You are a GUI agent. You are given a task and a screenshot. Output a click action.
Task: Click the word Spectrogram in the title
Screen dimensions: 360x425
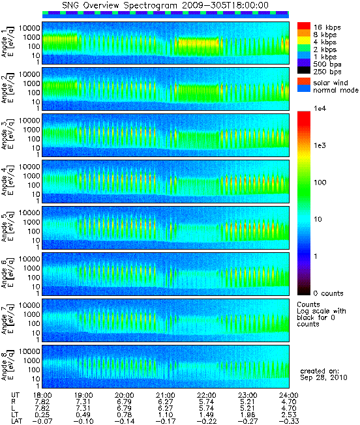tap(151, 5)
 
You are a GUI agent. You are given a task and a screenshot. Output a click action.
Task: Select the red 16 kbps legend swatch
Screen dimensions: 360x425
tap(304, 26)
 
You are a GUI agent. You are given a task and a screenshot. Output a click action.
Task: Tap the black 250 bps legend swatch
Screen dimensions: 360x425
tap(304, 70)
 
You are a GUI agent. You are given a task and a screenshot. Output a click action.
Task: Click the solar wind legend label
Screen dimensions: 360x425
tap(331, 83)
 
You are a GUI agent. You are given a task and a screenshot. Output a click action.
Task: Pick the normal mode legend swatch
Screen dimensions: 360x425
tap(304, 89)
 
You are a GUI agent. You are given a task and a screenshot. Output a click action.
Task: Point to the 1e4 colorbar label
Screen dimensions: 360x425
tap(320, 108)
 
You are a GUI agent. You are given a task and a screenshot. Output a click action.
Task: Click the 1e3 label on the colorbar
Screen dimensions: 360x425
tap(320, 145)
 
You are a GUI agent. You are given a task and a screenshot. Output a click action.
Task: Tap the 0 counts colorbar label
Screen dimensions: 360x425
tap(328, 293)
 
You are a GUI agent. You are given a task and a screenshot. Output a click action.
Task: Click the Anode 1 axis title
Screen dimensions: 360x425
tap(7, 42)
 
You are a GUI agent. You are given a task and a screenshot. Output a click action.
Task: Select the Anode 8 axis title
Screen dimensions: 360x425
tap(7, 366)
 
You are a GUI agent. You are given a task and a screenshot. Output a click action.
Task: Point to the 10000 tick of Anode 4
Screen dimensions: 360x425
tap(29, 167)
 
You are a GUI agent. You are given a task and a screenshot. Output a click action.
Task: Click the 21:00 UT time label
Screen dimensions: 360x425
tap(166, 396)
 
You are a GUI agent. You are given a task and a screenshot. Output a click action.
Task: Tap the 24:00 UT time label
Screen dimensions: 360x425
tap(289, 396)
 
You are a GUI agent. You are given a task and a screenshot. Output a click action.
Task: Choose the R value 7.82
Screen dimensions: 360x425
tap(42, 402)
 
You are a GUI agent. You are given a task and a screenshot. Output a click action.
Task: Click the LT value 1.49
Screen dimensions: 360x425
tap(206, 415)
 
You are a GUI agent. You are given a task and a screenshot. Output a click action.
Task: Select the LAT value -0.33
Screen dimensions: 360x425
tap(289, 422)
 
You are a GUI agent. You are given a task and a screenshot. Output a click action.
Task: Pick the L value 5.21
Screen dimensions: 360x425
tap(248, 409)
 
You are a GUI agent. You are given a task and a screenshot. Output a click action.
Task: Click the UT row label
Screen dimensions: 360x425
tap(15, 396)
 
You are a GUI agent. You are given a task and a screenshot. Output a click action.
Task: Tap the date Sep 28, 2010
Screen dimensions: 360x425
tap(323, 377)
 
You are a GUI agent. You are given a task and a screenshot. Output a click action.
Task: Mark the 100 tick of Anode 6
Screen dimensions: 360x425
tap(34, 277)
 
